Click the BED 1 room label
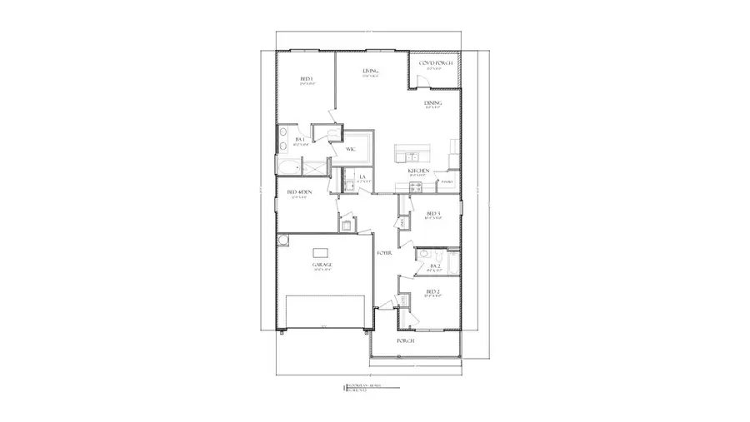[x=305, y=80]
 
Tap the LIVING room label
[x=370, y=72]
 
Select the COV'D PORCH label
[x=435, y=63]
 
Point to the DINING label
[x=432, y=103]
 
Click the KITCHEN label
[x=418, y=171]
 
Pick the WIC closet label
[x=351, y=149]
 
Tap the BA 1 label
[x=300, y=140]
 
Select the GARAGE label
[x=322, y=265]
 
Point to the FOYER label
[x=384, y=252]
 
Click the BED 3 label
[x=432, y=214]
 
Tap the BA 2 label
[x=435, y=266]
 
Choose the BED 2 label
[x=432, y=291]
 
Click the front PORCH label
[x=406, y=341]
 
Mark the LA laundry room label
[x=362, y=177]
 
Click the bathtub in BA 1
[x=289, y=168]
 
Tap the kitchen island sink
[x=412, y=156]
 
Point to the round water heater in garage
[x=283, y=241]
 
